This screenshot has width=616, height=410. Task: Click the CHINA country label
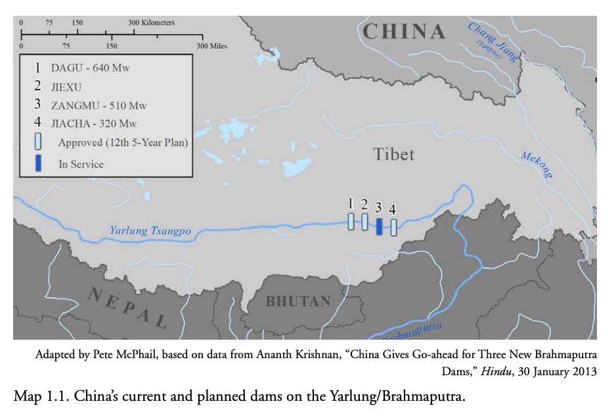pos(403,32)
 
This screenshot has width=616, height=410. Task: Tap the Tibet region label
pos(394,154)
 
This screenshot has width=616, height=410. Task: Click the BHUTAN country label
pos(297,302)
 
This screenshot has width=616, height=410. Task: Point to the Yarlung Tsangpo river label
pos(150,231)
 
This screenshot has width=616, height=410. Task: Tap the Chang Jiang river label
pos(492,41)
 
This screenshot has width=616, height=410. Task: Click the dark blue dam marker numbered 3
pos(379,227)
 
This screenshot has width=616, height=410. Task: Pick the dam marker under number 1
pos(351,221)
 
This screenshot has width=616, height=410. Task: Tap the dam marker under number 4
pos(393,227)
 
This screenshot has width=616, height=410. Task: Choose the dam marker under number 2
pos(364,221)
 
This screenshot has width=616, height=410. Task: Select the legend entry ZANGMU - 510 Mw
pos(99,105)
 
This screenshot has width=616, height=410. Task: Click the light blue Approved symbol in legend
pos(39,142)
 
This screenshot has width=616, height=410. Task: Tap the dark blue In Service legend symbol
pos(39,164)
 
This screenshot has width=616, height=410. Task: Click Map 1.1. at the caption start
pos(37,397)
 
